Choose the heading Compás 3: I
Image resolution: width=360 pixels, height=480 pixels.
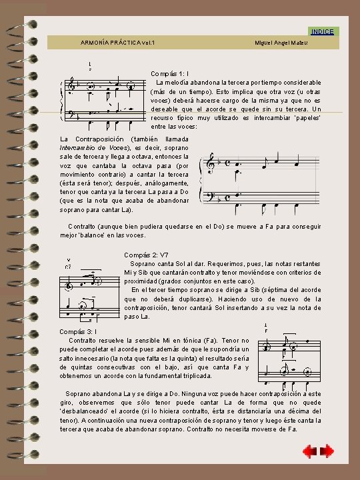(78, 331)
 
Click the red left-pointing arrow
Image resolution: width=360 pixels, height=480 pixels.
(309, 452)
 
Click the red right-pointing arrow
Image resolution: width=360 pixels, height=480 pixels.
(327, 452)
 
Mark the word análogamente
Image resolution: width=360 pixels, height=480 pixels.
(165, 182)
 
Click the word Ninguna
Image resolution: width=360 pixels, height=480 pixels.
(203, 394)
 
